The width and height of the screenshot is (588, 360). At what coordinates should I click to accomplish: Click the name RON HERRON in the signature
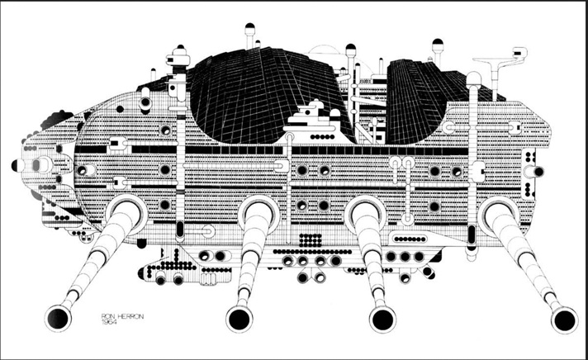point(122,316)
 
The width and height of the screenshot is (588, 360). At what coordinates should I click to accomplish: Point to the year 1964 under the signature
point(109,322)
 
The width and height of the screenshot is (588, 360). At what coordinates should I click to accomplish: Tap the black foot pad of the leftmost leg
point(58,318)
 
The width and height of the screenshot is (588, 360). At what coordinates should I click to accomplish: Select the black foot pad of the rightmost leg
point(564,320)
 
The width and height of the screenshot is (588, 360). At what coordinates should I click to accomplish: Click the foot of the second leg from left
point(239,319)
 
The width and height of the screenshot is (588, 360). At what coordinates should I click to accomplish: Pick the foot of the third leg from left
point(382,319)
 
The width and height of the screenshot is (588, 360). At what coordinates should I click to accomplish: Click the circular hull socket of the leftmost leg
point(126,214)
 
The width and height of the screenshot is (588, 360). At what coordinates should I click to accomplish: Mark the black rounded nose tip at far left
point(15,165)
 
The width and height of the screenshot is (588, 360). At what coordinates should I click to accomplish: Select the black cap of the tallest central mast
point(249,26)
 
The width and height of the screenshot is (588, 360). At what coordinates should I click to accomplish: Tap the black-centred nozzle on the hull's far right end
point(535,172)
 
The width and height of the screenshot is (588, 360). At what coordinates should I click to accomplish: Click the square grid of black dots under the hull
point(311,240)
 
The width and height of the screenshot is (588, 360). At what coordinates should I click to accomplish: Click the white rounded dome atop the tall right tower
point(473,78)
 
